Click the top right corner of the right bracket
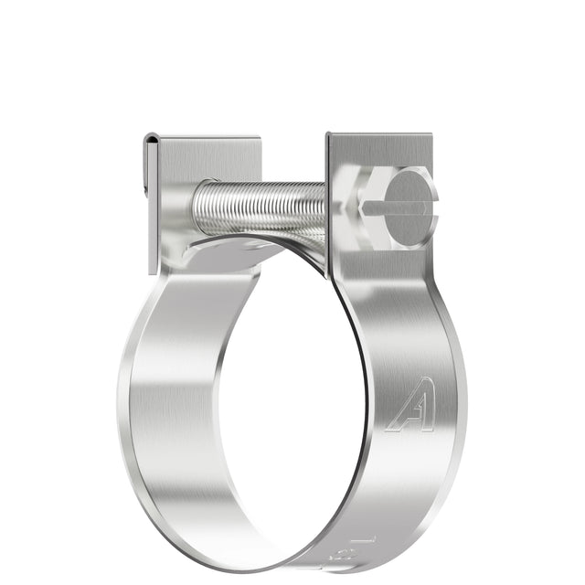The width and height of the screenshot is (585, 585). [438, 135]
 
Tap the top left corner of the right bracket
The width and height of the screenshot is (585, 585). [329, 135]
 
